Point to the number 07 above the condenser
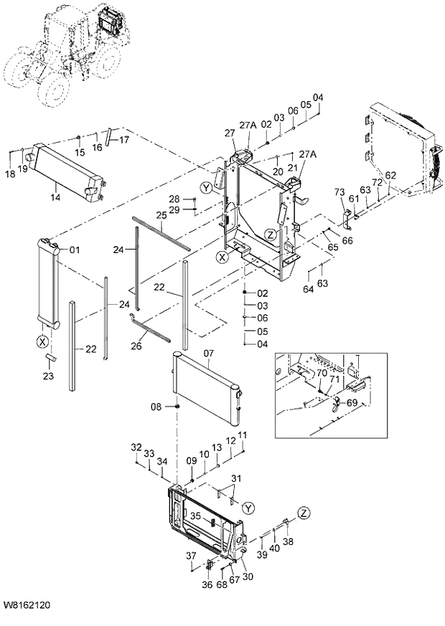[209, 353]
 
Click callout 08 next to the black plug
[156, 407]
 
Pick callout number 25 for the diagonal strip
[161, 215]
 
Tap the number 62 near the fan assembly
[390, 175]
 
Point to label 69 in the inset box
[352, 404]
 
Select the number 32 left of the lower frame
[136, 447]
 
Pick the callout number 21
[292, 166]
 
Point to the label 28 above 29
[174, 199]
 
